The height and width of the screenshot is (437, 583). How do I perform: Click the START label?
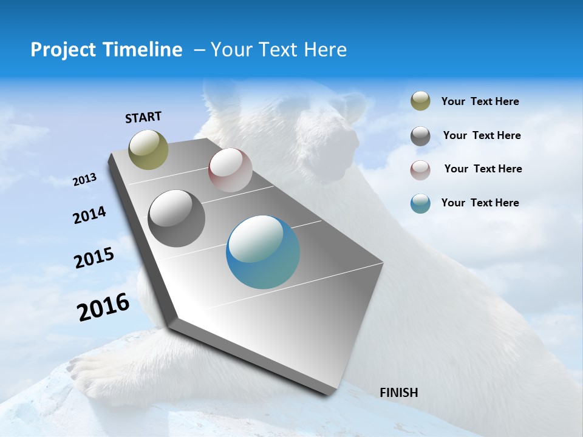(143, 117)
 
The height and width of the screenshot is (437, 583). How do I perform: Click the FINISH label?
(398, 393)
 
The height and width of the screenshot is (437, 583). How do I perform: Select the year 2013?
(84, 180)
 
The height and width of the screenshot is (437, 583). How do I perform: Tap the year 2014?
(89, 215)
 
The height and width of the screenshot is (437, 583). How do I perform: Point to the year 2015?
(94, 258)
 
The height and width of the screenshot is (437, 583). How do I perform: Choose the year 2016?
(103, 307)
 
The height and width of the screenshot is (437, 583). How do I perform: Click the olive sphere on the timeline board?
(148, 149)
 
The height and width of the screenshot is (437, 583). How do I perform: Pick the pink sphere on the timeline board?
(230, 170)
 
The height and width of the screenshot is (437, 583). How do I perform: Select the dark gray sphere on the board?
(176, 218)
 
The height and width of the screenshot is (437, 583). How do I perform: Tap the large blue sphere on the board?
(263, 252)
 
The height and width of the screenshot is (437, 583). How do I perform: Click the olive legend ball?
(420, 101)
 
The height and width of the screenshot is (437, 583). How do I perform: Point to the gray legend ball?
(420, 136)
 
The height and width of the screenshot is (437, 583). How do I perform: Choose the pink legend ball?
(420, 169)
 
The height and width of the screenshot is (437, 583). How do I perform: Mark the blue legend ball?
(420, 203)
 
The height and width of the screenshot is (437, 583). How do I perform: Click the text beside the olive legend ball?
(480, 102)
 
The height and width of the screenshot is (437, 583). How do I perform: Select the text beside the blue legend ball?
(480, 203)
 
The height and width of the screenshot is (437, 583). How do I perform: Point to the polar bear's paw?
(91, 370)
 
